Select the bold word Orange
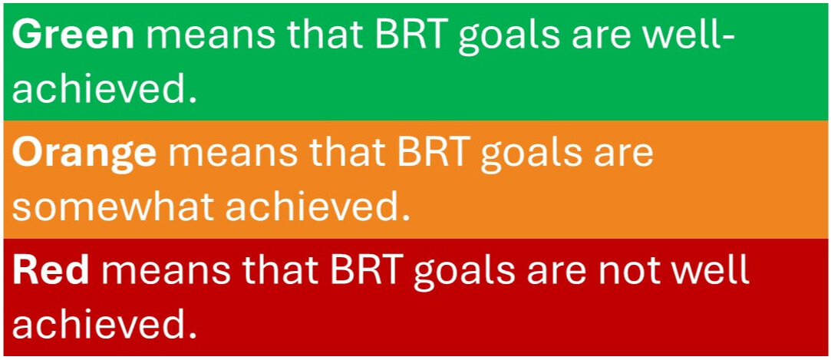coord(84,154)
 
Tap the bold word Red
coord(51,272)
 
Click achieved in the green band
coord(101,90)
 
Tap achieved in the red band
coord(101,325)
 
